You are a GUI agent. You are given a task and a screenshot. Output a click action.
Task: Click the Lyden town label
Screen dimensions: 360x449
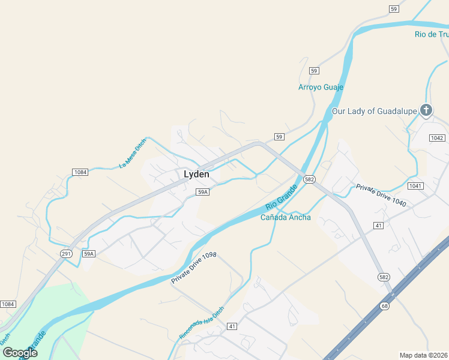[196, 174]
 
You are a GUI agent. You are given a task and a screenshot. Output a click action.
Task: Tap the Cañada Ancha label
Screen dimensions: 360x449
[286, 217]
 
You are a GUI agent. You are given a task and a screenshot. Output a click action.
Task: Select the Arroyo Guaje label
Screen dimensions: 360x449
[321, 87]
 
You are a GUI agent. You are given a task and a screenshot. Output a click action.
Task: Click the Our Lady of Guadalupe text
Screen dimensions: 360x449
[375, 111]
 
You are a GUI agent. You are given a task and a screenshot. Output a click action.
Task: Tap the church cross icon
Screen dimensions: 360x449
[426, 110]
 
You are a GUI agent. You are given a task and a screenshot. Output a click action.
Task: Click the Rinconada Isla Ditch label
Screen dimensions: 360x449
[202, 323]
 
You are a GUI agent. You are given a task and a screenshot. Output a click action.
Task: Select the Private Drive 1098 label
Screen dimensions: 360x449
[193, 268]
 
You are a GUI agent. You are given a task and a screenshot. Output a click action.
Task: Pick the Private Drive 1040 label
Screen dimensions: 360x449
[381, 195]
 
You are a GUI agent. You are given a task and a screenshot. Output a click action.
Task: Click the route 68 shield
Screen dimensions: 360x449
[384, 307]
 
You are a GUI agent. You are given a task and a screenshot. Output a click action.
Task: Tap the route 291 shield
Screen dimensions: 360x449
[67, 254]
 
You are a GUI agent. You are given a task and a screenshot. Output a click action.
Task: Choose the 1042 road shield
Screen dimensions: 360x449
[437, 138]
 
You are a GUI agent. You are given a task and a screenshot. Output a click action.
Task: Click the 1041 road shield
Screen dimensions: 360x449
[415, 186]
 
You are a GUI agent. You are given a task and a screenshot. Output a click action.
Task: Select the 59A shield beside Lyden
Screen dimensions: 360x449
[202, 192]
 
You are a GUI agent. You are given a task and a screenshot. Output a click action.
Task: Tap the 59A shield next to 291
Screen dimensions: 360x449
[89, 254]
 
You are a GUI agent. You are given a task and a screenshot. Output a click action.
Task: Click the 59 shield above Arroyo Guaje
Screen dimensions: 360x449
[314, 71]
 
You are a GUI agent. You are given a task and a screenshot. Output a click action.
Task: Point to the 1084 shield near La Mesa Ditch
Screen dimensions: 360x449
[80, 172]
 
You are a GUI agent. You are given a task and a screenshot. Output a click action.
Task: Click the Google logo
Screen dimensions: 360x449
[20, 353]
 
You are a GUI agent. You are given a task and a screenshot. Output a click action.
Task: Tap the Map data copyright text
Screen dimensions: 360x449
[424, 355]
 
